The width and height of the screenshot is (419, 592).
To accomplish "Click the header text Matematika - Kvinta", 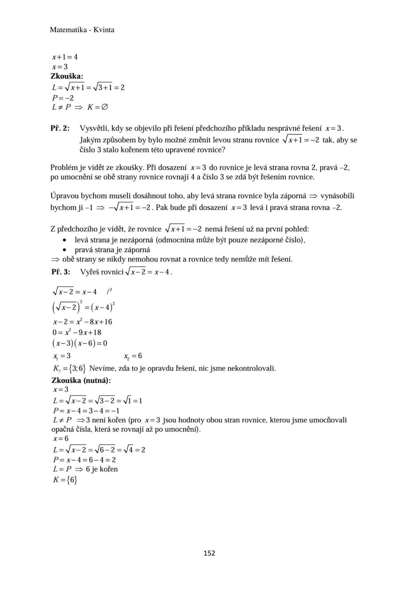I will point(82,30).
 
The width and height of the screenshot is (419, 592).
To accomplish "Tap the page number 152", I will point(209,553).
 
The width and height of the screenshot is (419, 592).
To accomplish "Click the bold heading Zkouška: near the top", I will point(67,76).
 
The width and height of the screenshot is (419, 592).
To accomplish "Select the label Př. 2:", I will point(60,128).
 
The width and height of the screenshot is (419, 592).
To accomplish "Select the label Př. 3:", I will point(61,272).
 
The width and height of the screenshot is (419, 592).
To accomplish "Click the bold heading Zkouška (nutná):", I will point(81,380).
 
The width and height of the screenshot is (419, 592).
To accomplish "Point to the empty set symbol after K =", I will point(104,107).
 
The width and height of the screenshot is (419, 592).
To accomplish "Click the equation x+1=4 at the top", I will point(65,57).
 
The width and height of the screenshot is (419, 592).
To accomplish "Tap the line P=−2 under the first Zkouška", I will point(63,98).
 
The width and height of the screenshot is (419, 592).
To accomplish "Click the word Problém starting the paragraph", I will point(64,167).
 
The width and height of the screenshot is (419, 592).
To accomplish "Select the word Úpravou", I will point(64,196).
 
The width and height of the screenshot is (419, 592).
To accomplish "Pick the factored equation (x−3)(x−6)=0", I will point(80,343).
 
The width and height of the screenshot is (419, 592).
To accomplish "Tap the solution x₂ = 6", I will point(133,356).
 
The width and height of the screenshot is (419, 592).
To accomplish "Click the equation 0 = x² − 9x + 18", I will point(77,332).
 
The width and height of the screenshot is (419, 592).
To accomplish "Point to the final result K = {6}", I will point(65,480).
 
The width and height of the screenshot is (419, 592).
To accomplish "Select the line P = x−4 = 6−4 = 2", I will point(84,460).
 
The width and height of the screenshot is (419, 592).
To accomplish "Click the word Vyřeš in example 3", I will point(89,272).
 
